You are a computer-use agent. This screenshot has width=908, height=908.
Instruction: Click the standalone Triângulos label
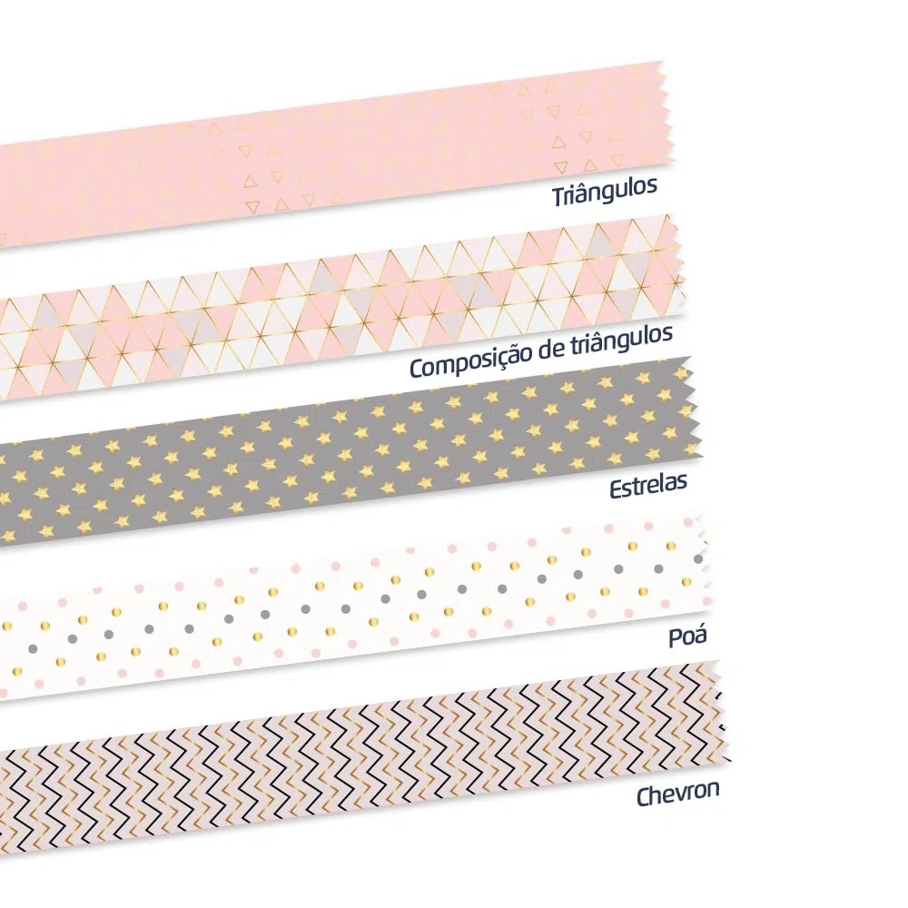(x=605, y=192)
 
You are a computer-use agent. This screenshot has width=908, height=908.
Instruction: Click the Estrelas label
(x=648, y=485)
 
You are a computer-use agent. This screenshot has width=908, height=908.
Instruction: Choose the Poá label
(x=687, y=636)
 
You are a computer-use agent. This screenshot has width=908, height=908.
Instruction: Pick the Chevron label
(x=678, y=792)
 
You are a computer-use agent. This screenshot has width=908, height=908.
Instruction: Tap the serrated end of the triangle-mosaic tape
(x=678, y=263)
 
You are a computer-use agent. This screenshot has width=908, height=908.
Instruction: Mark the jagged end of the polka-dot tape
(x=703, y=562)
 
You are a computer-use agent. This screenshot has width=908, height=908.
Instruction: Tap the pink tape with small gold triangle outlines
(x=336, y=153)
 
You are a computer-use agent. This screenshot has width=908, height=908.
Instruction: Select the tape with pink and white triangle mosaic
(x=341, y=307)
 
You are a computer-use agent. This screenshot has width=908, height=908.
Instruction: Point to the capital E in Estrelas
(x=616, y=489)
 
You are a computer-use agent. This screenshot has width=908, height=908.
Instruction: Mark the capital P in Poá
(x=676, y=637)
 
